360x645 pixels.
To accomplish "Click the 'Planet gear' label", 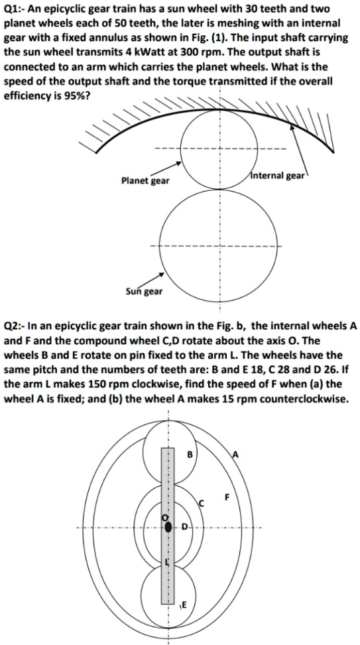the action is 145,180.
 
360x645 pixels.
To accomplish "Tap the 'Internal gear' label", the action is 275,176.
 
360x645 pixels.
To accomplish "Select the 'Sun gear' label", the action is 144,291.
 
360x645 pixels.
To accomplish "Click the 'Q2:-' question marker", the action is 17,326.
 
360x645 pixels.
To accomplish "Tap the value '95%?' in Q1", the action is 73,95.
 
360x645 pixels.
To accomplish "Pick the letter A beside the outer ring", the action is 234,454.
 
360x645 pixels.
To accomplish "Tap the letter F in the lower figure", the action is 227,497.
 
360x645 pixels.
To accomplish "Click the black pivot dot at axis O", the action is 168,527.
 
